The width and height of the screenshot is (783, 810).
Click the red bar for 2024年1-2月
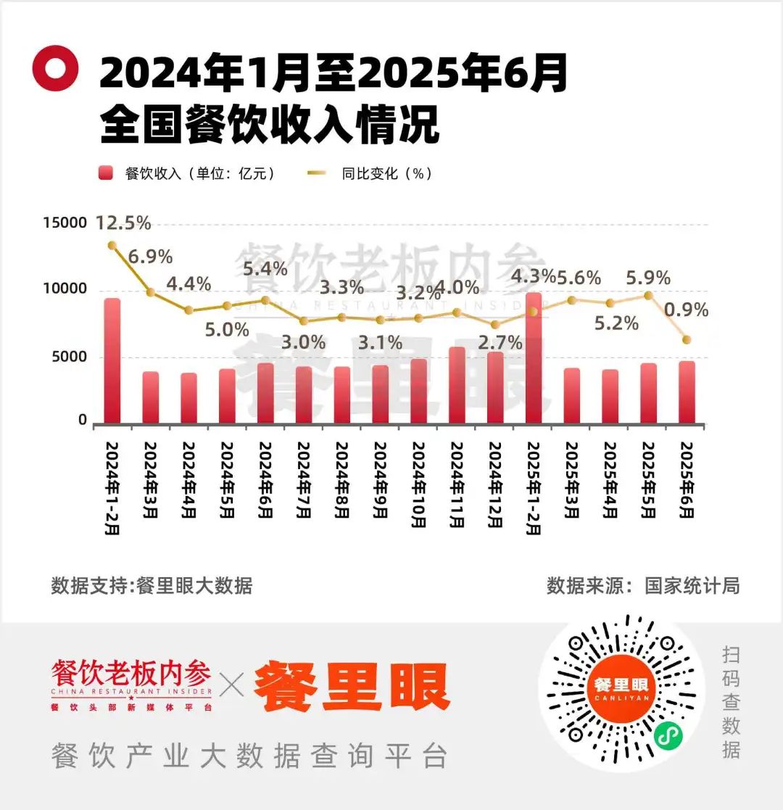coord(112,360)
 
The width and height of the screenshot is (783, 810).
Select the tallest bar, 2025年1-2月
coord(534,358)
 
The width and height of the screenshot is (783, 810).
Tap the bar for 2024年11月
coord(457,385)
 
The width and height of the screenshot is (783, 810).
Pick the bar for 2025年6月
coord(687,392)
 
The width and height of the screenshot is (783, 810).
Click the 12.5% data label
coord(123,223)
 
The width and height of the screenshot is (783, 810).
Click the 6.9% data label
coord(151,257)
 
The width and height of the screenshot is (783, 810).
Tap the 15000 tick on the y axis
coord(64,223)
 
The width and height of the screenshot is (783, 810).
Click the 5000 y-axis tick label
coord(69,357)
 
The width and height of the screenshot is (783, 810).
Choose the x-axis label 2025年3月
coord(572,479)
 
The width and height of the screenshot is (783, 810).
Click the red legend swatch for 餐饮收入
coord(107,174)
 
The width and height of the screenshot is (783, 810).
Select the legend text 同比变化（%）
coord(386,174)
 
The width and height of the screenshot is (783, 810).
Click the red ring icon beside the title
coord(55,68)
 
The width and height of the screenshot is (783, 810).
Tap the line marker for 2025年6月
coord(687,339)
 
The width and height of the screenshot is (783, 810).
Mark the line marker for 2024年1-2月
coord(112,245)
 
